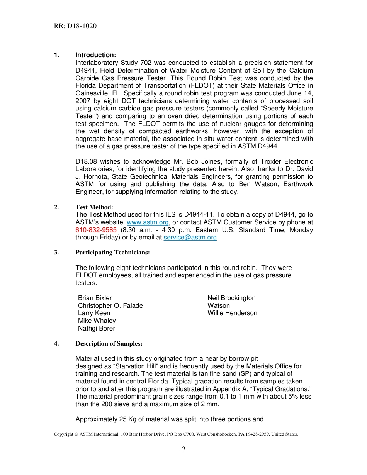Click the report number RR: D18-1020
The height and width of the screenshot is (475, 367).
75,26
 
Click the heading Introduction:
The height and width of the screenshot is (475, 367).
95,55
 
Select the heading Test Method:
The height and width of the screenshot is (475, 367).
94,207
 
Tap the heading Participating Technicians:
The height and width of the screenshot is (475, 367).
112,253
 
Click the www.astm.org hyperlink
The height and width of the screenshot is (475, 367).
148,222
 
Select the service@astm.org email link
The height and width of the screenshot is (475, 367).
190,237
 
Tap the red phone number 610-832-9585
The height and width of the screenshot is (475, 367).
96,230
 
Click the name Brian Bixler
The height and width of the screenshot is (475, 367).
95,298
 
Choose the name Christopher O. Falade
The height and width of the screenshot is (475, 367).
110,306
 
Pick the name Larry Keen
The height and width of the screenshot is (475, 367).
94,313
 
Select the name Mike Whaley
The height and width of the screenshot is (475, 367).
97,321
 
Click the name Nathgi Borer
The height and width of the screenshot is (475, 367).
97,329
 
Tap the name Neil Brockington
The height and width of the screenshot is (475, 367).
231,298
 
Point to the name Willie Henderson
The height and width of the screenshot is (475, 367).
232,313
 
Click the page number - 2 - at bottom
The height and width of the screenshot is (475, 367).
183,449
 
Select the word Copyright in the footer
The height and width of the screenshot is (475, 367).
63,434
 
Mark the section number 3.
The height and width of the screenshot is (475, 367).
56,253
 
